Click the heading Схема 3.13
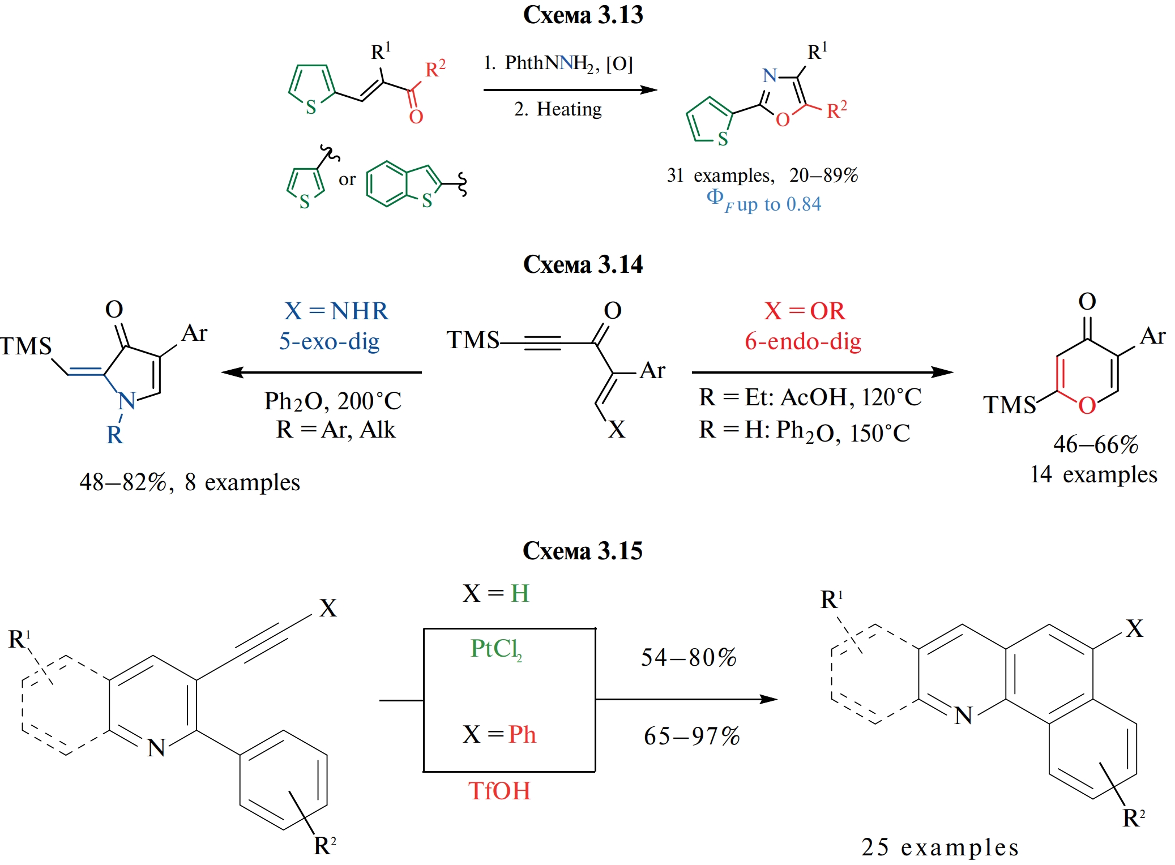click(x=583, y=15)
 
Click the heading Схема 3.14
click(x=583, y=264)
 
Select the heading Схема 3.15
click(x=583, y=551)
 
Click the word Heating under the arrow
click(x=569, y=109)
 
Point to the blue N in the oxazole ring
click(x=770, y=76)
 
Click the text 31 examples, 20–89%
click(x=762, y=175)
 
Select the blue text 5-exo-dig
click(x=329, y=341)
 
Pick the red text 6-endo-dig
click(x=803, y=341)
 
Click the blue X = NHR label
click(x=336, y=311)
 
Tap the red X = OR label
click(x=805, y=311)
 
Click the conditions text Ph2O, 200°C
click(x=333, y=401)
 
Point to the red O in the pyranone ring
click(x=1087, y=405)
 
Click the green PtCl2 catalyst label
click(x=496, y=649)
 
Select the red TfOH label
click(x=499, y=791)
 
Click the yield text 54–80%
click(x=689, y=657)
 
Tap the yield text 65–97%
click(x=691, y=736)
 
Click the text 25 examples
click(x=940, y=847)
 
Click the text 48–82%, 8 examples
click(x=190, y=482)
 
